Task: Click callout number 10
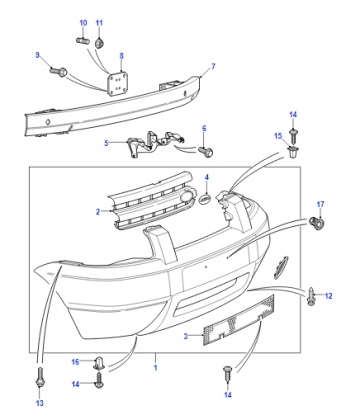[83, 23]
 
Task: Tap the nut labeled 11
[99, 43]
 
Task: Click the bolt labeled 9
[59, 71]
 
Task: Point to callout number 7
[213, 66]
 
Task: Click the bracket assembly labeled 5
[154, 143]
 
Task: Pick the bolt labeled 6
[206, 152]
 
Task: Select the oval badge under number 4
[205, 199]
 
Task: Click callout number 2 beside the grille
[98, 212]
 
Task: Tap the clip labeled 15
[293, 152]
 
